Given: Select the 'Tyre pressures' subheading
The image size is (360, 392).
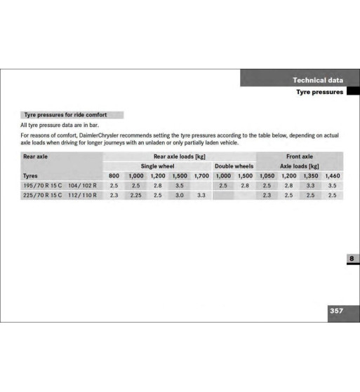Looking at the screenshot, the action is pyautogui.click(x=319, y=92).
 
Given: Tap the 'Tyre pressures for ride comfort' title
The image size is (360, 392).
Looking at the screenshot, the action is pyautogui.click(x=65, y=114).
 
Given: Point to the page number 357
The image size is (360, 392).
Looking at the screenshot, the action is pyautogui.click(x=337, y=310).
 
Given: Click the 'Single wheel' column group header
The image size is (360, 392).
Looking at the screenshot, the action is pyautogui.click(x=157, y=166).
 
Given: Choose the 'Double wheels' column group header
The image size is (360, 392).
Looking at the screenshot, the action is pyautogui.click(x=234, y=166).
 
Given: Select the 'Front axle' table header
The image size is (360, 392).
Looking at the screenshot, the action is pyautogui.click(x=300, y=157).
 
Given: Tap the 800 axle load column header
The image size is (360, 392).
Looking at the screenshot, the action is pyautogui.click(x=114, y=176).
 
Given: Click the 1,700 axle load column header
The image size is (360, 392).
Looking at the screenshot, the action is pyautogui.click(x=201, y=176).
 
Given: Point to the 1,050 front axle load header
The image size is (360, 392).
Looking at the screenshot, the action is pyautogui.click(x=267, y=176).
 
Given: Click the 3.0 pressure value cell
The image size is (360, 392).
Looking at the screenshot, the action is pyautogui.click(x=179, y=196).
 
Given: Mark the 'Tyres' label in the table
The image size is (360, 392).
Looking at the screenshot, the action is pyautogui.click(x=31, y=176).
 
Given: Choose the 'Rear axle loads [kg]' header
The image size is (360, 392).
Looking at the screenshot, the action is pyautogui.click(x=179, y=157).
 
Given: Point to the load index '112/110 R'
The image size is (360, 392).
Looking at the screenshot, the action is pyautogui.click(x=83, y=196).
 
